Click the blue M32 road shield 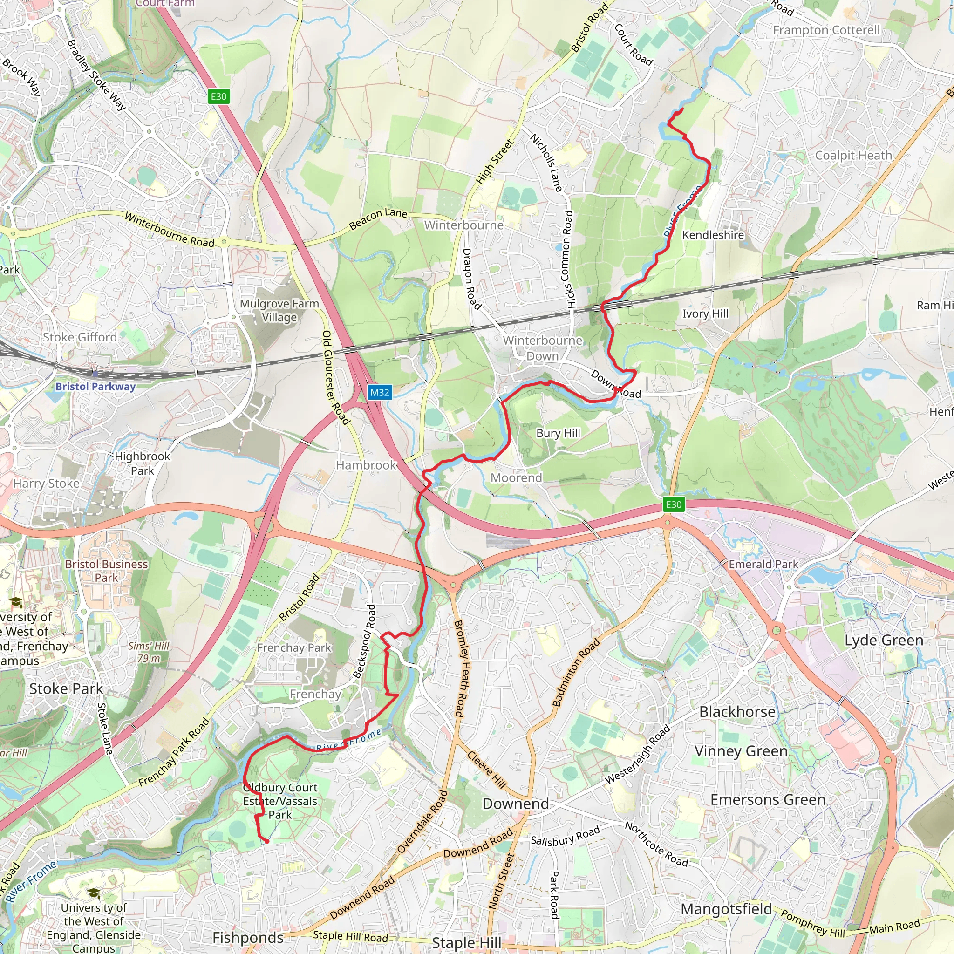(380, 393)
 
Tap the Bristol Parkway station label (95, 387)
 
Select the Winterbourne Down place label (543, 348)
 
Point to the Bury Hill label (558, 433)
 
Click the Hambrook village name (366, 465)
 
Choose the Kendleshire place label (713, 235)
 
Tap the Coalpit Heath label (853, 156)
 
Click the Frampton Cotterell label (826, 31)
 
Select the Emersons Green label (768, 799)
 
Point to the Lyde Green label (883, 641)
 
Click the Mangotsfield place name (726, 909)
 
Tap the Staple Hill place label (467, 943)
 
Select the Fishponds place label (248, 938)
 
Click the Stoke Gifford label (80, 337)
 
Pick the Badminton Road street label (575, 673)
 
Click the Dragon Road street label (471, 279)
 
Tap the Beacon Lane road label (378, 218)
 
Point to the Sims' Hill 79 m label (149, 652)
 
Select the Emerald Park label (763, 565)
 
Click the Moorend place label (516, 478)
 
